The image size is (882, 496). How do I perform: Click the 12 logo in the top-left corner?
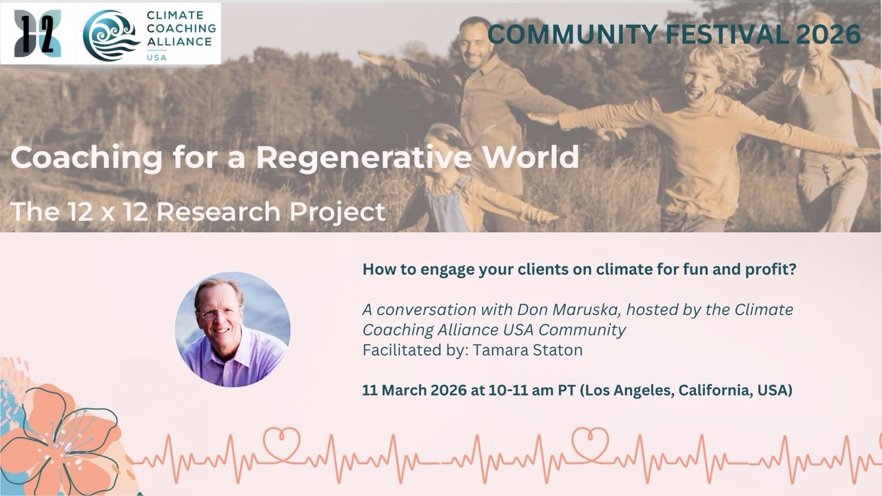37,34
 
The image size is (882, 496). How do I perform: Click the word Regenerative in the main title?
364,158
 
